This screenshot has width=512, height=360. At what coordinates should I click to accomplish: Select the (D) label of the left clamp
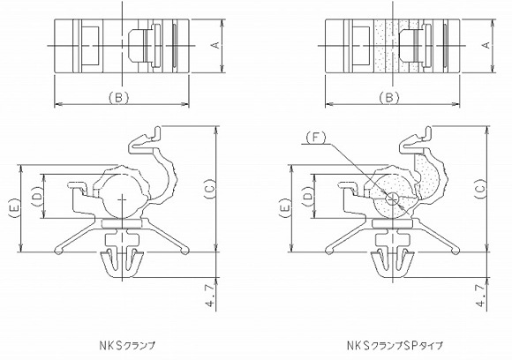(36, 196)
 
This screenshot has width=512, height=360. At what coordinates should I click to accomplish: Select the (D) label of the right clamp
(308, 196)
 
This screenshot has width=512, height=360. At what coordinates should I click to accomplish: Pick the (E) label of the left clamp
(11, 208)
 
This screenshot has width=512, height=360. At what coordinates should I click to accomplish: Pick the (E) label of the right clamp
(283, 208)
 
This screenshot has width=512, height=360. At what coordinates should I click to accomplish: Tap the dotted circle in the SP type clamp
(393, 196)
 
